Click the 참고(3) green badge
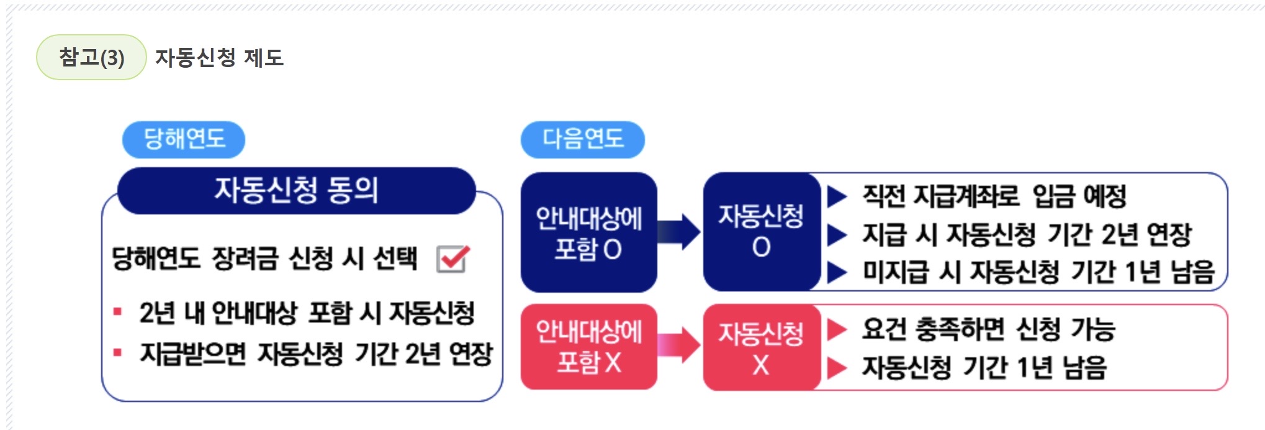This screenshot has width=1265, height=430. coord(91,58)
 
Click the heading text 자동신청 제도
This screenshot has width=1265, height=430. coord(219,58)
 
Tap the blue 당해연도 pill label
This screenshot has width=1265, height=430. coord(184,139)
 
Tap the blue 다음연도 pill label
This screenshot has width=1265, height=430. coord(582,139)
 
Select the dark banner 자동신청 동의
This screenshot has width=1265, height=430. coord(296,190)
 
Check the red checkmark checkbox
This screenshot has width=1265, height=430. coord(452,258)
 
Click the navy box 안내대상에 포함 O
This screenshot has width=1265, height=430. coord(588,232)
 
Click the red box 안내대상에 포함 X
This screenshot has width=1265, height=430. coord(588,347)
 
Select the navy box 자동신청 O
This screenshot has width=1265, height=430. coord(761,231)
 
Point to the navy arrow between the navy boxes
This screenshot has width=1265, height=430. coord(679,232)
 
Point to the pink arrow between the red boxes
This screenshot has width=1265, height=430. coord(679,345)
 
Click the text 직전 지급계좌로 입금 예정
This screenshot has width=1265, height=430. coord(994,196)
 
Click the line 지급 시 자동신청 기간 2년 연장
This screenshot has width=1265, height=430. coord(1027,234)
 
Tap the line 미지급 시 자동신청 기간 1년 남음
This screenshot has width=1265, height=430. coord(1038,272)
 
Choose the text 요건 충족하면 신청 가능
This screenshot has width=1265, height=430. coord(988,329)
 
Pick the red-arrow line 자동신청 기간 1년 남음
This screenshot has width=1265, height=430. coord(984,367)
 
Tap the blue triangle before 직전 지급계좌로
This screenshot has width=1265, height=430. coord(837,197)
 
